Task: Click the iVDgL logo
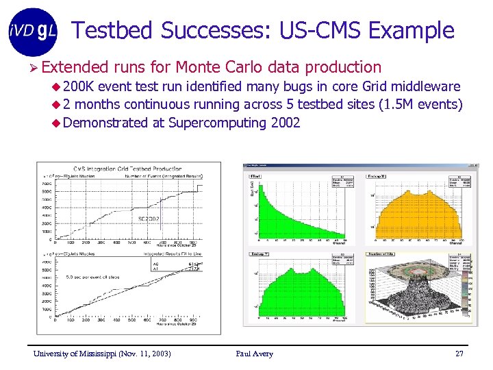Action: pos(33,32)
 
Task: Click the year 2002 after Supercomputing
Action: pos(285,123)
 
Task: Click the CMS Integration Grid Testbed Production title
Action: pos(127,169)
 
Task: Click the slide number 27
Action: pos(459,354)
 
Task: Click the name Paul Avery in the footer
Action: pos(254,354)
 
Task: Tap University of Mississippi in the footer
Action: pos(75,354)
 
